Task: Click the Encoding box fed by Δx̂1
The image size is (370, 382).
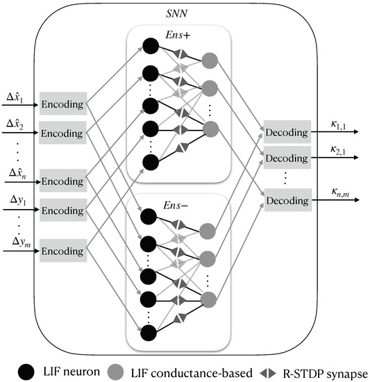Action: pyautogui.click(x=63, y=104)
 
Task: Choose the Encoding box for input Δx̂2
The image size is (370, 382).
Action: pyautogui.click(x=63, y=130)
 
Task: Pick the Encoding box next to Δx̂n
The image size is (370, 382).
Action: pyautogui.click(x=63, y=180)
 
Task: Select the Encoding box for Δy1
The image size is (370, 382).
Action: pyautogui.click(x=63, y=209)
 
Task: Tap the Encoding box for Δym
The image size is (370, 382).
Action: pyautogui.click(x=63, y=249)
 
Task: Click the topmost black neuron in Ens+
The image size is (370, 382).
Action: pyautogui.click(x=149, y=45)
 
